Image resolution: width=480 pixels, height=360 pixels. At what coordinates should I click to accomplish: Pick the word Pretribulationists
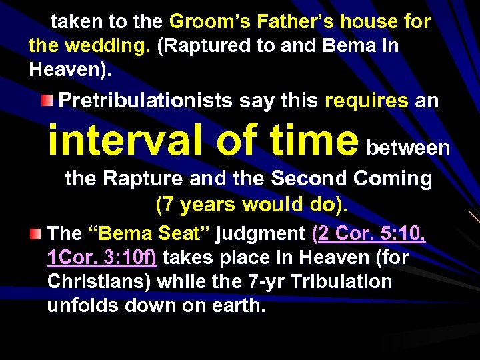(x=146, y=101)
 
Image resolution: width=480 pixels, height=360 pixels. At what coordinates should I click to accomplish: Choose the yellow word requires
(x=366, y=101)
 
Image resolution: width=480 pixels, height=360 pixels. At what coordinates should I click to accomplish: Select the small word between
(x=409, y=147)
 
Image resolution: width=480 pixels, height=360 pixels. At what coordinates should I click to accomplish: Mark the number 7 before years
(x=165, y=204)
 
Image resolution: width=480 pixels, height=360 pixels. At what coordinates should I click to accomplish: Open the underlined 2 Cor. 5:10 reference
(x=371, y=233)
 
